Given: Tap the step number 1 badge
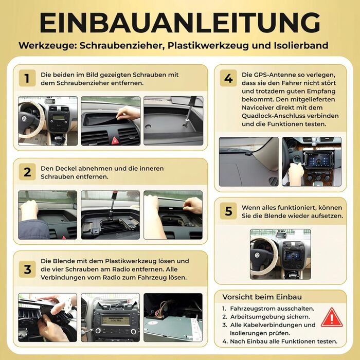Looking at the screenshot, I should pyautogui.click(x=27, y=79).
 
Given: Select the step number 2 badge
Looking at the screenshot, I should pyautogui.click(x=27, y=172).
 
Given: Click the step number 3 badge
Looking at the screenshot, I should pyautogui.click(x=27, y=269).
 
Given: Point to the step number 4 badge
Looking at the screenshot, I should pyautogui.click(x=228, y=79).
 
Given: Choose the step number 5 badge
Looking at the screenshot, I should pyautogui.click(x=228, y=211).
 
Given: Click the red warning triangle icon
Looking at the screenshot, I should pyautogui.click(x=331, y=317).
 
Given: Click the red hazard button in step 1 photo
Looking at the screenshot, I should pyautogui.click(x=115, y=139).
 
